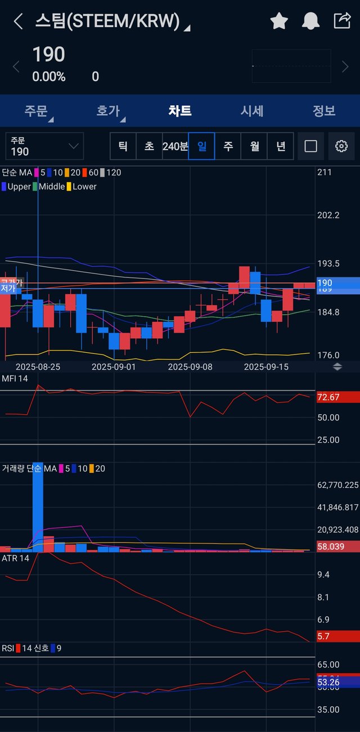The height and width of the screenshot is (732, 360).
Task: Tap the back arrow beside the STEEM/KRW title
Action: click(18, 22)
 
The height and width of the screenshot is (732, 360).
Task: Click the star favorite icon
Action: click(279, 21)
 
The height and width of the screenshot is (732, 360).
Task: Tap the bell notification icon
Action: click(310, 21)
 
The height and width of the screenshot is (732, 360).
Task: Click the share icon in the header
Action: click(342, 21)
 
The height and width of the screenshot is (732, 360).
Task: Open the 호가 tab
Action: click(109, 111)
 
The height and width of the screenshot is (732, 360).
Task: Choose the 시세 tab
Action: click(252, 111)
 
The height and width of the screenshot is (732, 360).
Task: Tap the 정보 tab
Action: click(323, 111)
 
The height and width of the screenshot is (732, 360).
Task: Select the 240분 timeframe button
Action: click(175, 146)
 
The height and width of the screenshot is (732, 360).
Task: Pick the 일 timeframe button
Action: click(201, 146)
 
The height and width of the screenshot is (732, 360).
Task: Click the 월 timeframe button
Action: click(254, 146)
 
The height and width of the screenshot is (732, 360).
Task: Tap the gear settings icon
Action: click(341, 146)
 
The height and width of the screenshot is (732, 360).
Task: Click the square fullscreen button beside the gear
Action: click(310, 146)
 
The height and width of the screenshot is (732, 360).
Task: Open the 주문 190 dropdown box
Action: click(44, 146)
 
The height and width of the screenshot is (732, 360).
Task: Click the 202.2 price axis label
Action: click(329, 215)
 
